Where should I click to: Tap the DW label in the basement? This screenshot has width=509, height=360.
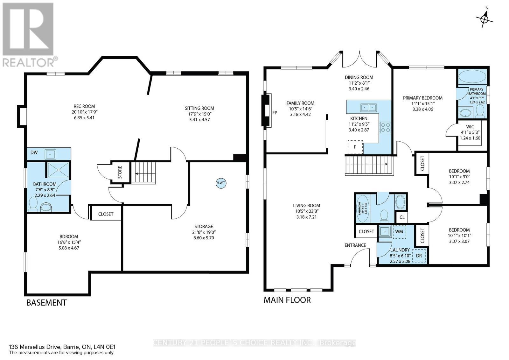[34, 152]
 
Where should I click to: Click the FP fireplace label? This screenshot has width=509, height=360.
[275, 112]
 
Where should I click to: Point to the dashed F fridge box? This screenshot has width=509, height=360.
[355, 147]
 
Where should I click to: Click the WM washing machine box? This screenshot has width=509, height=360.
[399, 231]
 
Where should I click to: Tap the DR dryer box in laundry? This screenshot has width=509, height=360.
[419, 256]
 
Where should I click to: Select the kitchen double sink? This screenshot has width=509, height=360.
[368, 107]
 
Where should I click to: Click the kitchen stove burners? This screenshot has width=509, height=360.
[385, 127]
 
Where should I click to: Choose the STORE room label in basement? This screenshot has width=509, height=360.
[120, 173]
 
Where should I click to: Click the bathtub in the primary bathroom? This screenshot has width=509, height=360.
[472, 77]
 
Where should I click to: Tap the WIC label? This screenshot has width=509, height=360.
[470, 127]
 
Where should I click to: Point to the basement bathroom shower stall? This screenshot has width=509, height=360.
[58, 170]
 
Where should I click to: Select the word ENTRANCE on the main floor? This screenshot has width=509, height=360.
[355, 245]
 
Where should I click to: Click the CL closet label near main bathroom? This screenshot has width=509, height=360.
[402, 217]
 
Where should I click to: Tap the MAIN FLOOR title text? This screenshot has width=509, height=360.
[287, 300]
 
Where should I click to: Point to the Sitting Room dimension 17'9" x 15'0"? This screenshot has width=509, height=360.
[199, 114]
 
